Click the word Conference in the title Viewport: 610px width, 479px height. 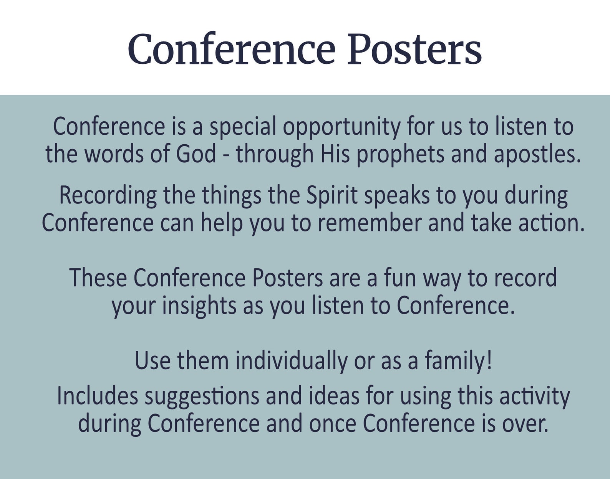point(231,50)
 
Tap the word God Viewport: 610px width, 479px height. point(196,154)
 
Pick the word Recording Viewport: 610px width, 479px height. point(108,196)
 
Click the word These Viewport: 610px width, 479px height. point(98,278)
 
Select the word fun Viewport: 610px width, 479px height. point(400,278)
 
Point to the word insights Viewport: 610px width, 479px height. point(199,306)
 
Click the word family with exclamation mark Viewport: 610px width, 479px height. point(458,362)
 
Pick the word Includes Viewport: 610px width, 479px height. point(97,396)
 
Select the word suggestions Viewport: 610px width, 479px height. point(202,397)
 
